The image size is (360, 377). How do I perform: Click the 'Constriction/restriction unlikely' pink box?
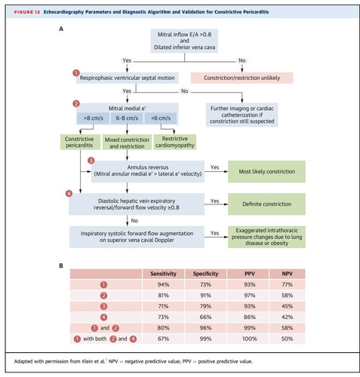pos(242,78)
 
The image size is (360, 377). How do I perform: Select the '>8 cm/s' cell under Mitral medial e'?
pos(93,118)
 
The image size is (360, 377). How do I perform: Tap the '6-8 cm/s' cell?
pos(127,118)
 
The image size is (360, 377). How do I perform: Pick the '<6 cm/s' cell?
pos(161,118)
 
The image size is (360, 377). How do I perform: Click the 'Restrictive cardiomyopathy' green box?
pos(175,142)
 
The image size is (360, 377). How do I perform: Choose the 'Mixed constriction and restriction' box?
pos(127,143)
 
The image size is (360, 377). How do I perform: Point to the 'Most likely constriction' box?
pos(266,171)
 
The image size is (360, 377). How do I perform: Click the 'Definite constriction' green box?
pos(266,204)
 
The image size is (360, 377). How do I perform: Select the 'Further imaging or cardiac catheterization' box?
pos(242,115)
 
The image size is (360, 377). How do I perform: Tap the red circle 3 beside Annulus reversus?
pos(91,161)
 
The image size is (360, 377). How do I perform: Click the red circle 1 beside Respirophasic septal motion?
pos(76,73)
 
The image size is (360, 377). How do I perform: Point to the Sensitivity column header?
pos(163,274)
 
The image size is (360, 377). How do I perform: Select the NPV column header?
pos(287,274)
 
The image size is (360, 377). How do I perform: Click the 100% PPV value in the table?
pos(250,339)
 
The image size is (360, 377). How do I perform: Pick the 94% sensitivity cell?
pos(163,284)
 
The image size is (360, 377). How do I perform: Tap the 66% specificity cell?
pos(205,317)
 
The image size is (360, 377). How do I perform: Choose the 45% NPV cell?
pos(287,306)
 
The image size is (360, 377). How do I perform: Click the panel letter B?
pos(61,265)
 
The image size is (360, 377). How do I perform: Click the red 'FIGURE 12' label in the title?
pos(27,12)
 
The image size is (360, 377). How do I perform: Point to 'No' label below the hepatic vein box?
pos(134,221)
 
